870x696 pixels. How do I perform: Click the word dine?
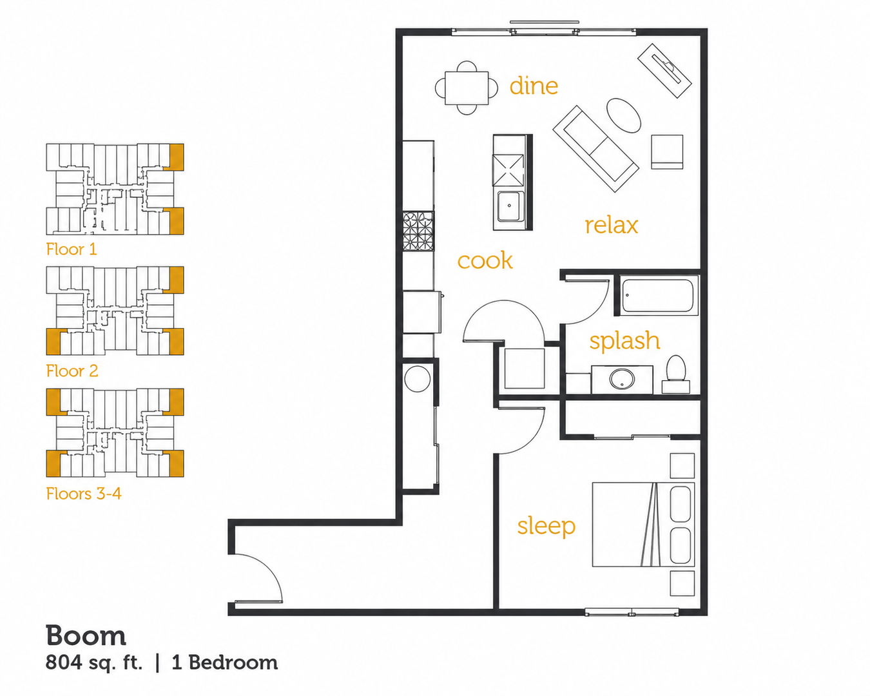coord(534,86)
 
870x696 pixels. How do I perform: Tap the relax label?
coord(612,226)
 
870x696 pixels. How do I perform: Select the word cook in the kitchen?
coord(485,260)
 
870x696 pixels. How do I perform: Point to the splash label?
coord(624,341)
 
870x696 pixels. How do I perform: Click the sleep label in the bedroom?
coord(546,527)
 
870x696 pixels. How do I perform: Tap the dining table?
coord(467,88)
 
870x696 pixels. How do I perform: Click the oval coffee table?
coord(624,115)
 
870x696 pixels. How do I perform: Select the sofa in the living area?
coord(595,148)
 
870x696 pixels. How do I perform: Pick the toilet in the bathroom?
coord(675,374)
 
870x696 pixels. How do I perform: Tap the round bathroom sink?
coord(622,379)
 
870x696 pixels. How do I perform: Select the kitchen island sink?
coord(509,206)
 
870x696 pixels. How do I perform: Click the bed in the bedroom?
coord(643,524)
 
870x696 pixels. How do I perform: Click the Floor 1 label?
coord(72,249)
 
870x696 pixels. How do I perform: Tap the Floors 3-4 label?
coord(84,494)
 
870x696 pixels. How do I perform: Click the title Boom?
coord(86,635)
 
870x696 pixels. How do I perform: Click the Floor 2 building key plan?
coord(115,311)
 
